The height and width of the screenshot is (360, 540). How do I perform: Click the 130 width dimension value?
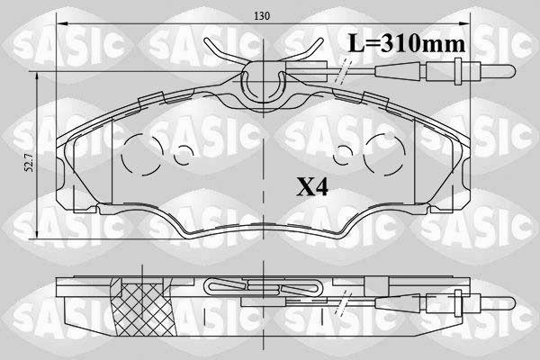pyautogui.click(x=262, y=16)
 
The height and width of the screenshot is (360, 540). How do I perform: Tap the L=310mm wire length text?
pyautogui.click(x=407, y=44)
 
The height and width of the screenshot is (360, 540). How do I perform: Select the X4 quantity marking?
pyautogui.click(x=312, y=187)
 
